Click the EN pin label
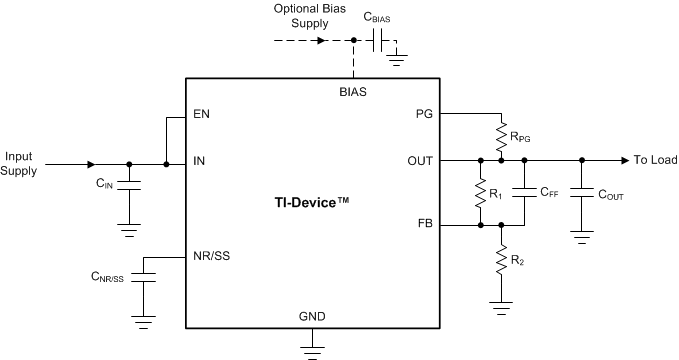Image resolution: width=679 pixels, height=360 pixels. click(x=202, y=114)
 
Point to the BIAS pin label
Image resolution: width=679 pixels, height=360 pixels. click(x=353, y=92)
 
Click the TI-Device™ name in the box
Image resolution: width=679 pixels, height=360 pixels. click(x=313, y=201)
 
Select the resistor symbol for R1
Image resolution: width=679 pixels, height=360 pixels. click(x=481, y=192)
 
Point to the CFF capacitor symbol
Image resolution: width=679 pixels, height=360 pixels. click(x=521, y=193)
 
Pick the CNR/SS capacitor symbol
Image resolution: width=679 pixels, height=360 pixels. click(x=146, y=271)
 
